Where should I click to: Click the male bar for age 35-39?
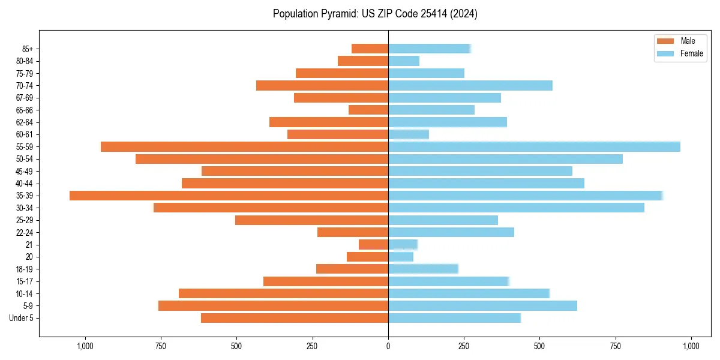coord(229,196)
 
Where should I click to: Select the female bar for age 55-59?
coord(534,146)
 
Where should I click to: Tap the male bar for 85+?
coord(370,49)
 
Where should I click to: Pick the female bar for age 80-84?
coord(404,61)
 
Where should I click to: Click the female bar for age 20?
coord(401,257)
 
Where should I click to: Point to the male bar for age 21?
coord(373,244)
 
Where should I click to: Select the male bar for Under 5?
coord(295,318)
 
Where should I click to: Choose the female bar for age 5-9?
coord(482,305)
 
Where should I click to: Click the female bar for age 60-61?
coord(409,134)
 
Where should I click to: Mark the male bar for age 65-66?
coord(368,110)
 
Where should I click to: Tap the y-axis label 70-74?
coord(25,85)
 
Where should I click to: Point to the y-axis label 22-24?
coord(25,232)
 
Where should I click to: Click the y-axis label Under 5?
coord(22,318)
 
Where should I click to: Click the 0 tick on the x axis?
coord(388,346)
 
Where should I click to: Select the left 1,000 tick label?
coord(85,346)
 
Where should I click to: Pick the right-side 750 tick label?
coord(616,346)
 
